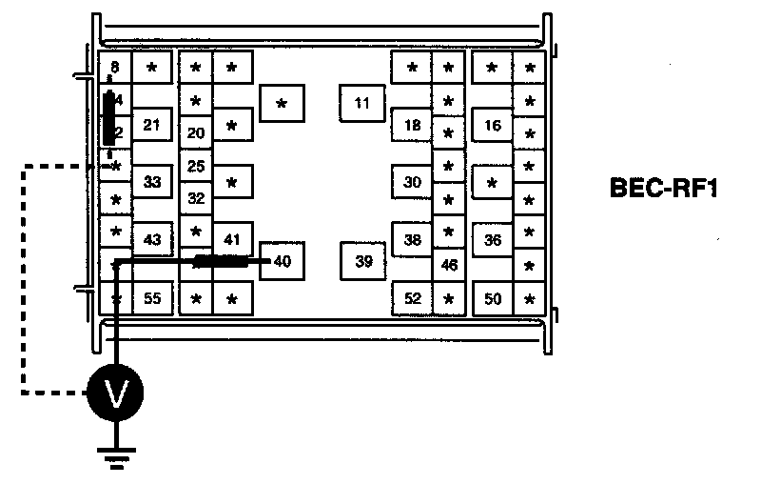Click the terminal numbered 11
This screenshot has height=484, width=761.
tap(361, 103)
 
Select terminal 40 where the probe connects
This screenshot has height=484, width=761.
tap(282, 261)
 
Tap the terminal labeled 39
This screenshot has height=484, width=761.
tap(362, 262)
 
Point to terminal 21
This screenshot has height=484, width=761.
tap(152, 125)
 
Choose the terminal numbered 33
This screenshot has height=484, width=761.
tap(152, 181)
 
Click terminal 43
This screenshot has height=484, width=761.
tap(152, 239)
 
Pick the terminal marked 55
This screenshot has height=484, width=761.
tap(152, 298)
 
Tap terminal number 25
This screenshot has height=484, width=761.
tap(196, 166)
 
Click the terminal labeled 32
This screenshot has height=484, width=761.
tap(196, 198)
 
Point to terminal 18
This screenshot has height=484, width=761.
tap(412, 125)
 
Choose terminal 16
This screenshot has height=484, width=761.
tap(492, 125)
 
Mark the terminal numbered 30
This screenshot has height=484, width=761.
tap(412, 181)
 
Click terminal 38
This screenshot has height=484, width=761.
tap(412, 239)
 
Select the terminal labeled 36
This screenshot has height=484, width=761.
tap(492, 239)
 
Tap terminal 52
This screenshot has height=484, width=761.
tap(412, 298)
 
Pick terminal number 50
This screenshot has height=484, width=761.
tap(492, 298)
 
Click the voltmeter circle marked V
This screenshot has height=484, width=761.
tap(115, 392)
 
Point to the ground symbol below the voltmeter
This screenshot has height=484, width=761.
tap(116, 455)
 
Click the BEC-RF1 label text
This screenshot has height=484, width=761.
tap(662, 189)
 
